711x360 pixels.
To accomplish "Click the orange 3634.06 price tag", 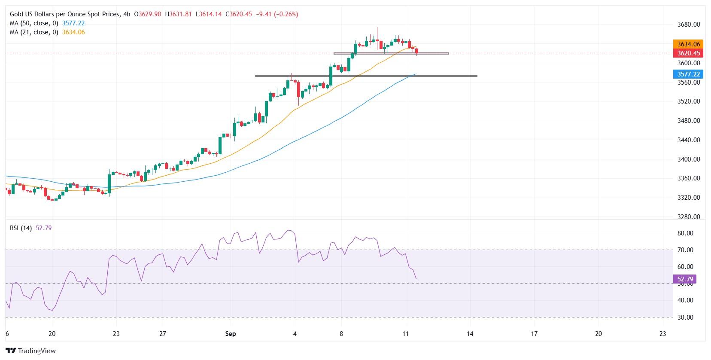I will pos(689,44).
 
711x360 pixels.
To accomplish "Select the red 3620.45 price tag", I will pos(689,53).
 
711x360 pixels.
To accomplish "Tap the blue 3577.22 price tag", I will pos(689,74).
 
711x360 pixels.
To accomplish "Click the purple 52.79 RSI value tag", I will pos(686,279).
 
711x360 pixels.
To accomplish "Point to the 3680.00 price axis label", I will pos(689,24).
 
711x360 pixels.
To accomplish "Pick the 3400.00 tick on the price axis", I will pos(689,159).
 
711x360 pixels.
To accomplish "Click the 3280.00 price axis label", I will pos(689,217).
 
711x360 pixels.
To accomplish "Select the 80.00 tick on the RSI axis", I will pos(685,233).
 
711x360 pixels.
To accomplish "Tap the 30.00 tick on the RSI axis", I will pos(685,317).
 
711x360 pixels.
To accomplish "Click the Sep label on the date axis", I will pos(231,334).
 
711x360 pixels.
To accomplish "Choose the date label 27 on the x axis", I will pos(162,334).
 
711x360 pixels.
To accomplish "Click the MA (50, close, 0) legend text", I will pos(33,23).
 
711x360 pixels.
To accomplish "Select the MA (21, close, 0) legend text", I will pos(33,32).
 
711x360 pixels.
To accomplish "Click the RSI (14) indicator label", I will pos(21,228).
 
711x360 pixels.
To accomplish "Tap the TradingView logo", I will pos(31,351).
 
